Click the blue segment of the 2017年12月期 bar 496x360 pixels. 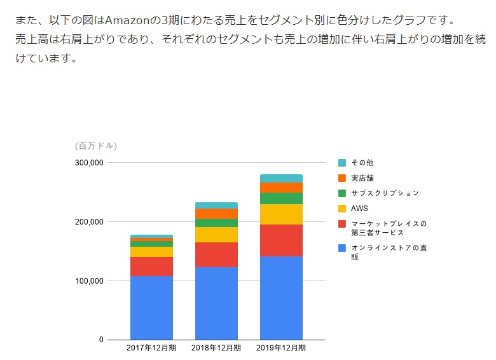pyautogui.click(x=151, y=307)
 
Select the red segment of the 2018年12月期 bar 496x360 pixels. pyautogui.click(x=216, y=254)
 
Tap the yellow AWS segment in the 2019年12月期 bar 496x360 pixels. pyautogui.click(x=281, y=214)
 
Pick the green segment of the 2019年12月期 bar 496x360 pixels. pyautogui.click(x=281, y=198)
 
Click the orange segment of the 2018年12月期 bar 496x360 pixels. pyautogui.click(x=216, y=214)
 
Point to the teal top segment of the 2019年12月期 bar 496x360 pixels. pyautogui.click(x=281, y=178)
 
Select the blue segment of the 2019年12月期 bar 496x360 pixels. pyautogui.click(x=281, y=298)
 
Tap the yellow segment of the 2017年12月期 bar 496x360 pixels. pyautogui.click(x=151, y=252)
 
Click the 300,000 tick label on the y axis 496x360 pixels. pyautogui.click(x=89, y=163)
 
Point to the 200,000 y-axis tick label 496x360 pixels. pyautogui.click(x=89, y=222)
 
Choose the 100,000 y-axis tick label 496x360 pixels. pyautogui.click(x=89, y=281)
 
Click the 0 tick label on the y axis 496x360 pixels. pyautogui.click(x=100, y=340)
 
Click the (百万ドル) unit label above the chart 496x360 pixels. pyautogui.click(x=96, y=146)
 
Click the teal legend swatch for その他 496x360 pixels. pyautogui.click(x=342, y=163)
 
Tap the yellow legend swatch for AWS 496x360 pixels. pyautogui.click(x=342, y=209)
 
